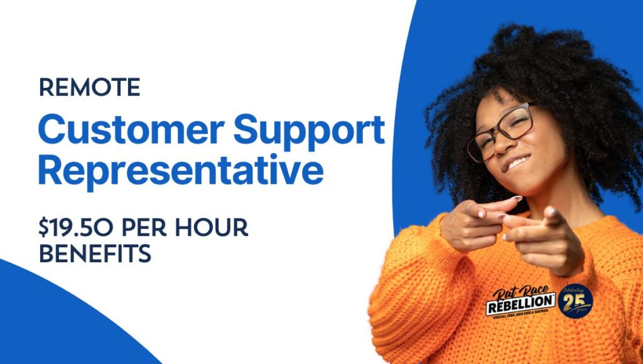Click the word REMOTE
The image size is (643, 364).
click(x=89, y=88)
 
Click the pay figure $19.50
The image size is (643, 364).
click(x=72, y=229)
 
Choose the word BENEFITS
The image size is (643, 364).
click(x=95, y=254)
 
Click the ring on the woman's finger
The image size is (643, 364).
click(x=469, y=206)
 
